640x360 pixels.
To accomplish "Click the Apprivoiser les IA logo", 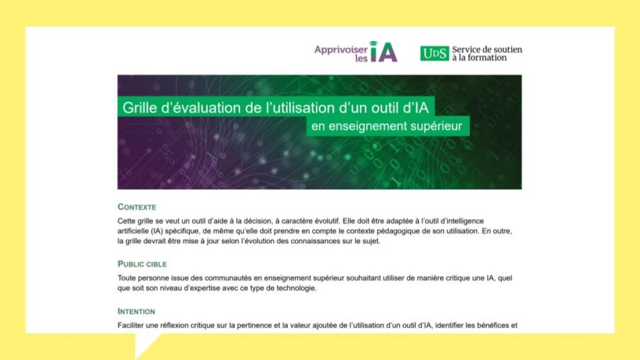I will tap(356, 52).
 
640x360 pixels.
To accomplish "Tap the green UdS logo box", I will tap(434, 53).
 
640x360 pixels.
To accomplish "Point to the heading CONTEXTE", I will tap(137, 207).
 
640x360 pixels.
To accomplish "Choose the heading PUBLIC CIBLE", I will tap(142, 264).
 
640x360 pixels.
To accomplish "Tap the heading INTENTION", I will tap(137, 311).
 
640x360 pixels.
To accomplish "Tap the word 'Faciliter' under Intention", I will tap(133, 326).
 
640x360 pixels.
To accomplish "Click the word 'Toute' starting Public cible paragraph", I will tap(128, 279).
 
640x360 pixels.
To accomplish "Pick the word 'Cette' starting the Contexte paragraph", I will tap(128, 221).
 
